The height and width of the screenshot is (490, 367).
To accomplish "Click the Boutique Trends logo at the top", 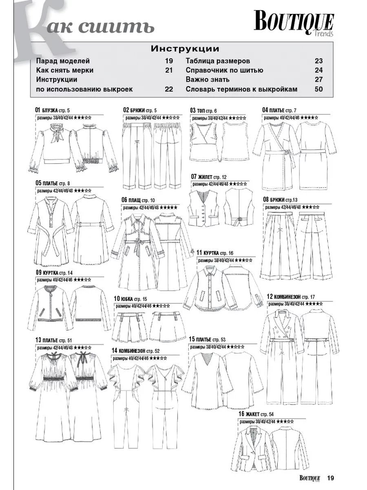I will tap(294, 23).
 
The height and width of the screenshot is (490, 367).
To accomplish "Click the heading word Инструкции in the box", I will tap(185, 49).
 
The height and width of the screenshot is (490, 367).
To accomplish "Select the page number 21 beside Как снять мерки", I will tap(169, 70).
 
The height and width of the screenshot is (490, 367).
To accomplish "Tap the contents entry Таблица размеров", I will tap(218, 61).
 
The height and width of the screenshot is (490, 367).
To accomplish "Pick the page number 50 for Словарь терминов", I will tap(318, 89).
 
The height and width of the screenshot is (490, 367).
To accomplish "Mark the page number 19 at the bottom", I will tap(330, 478).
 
